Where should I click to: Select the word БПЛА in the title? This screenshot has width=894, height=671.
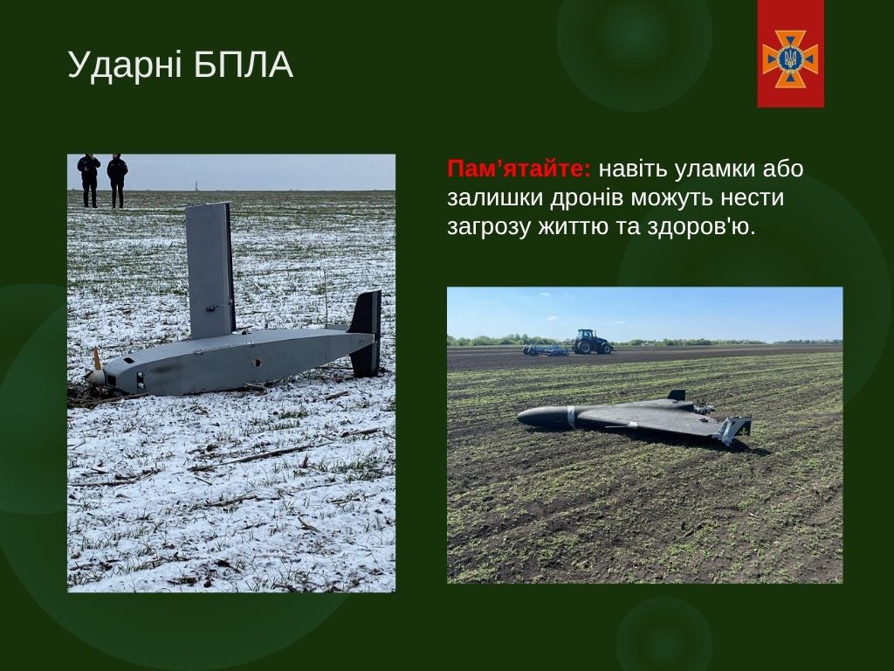point(244,65)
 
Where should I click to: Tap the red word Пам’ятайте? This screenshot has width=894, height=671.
point(519,169)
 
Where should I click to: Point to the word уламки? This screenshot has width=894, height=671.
point(713,170)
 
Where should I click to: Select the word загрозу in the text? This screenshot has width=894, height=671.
point(489,228)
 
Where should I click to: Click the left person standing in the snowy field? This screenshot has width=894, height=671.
point(89,180)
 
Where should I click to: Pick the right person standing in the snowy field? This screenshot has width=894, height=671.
point(118,180)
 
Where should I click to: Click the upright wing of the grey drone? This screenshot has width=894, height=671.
point(210,271)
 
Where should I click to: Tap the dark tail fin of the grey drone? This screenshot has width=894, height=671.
point(366,333)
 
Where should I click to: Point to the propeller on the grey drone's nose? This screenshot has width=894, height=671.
point(95,370)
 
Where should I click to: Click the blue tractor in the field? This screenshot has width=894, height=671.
point(593,342)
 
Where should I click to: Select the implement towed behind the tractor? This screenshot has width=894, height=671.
point(545,349)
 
